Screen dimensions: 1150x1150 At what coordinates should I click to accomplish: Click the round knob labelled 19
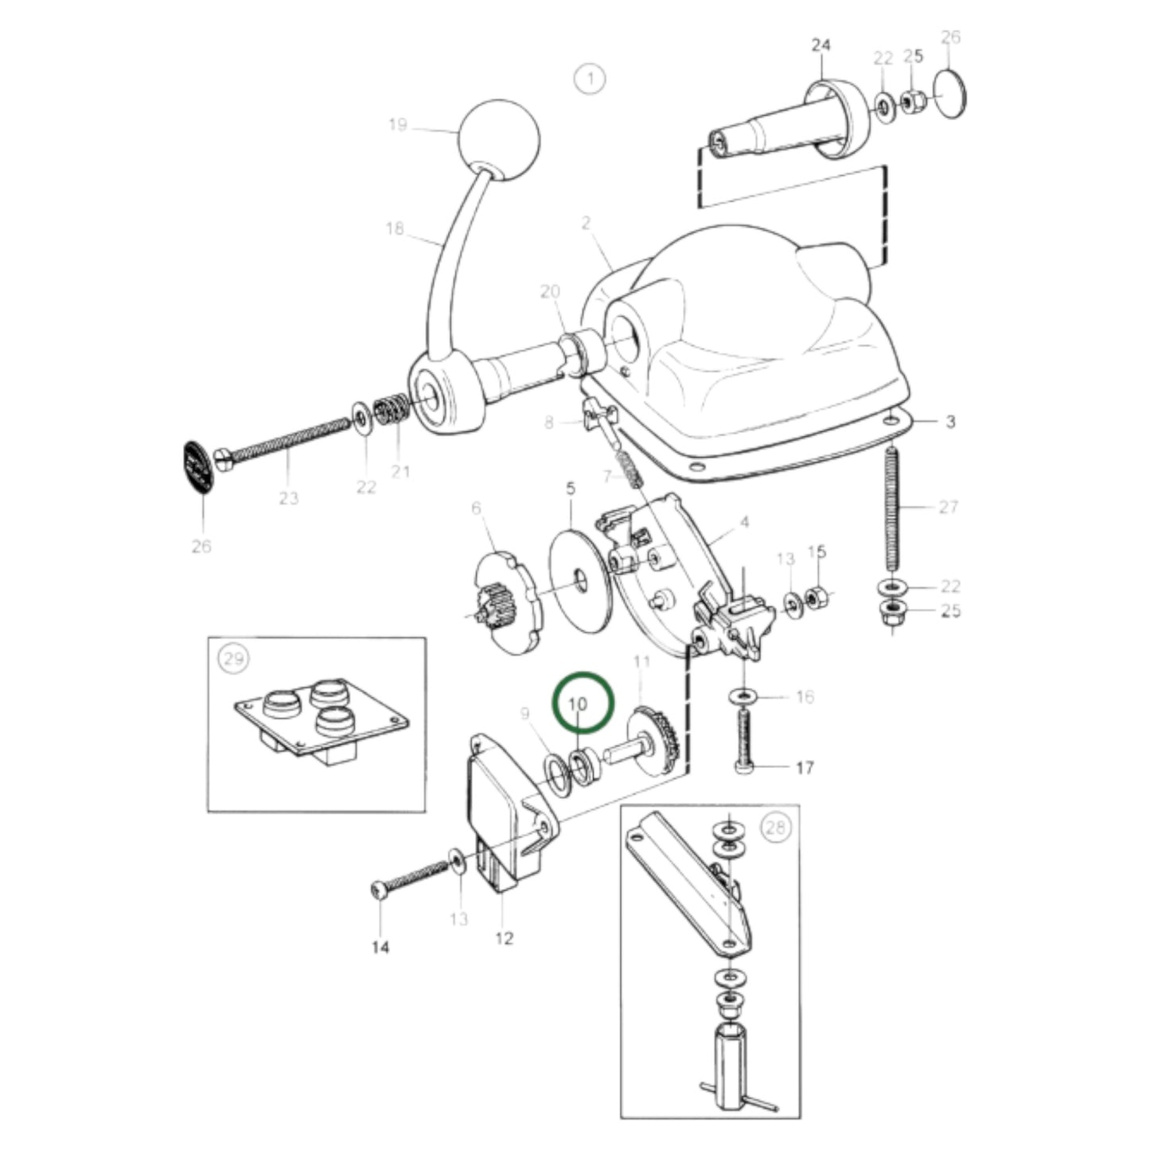click(x=498, y=139)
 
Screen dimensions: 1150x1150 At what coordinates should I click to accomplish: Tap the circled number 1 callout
click(x=590, y=80)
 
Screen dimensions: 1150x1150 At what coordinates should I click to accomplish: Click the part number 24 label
click(x=821, y=45)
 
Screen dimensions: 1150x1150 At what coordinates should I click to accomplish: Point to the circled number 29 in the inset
click(x=234, y=660)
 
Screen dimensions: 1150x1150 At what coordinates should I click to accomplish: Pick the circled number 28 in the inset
click(x=777, y=827)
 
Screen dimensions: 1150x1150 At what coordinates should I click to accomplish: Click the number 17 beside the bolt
click(x=805, y=767)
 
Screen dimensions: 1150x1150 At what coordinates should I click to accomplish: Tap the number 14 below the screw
click(x=380, y=947)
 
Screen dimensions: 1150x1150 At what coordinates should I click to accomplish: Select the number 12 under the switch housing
click(x=505, y=939)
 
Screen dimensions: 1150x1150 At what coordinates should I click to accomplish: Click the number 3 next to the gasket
click(x=950, y=422)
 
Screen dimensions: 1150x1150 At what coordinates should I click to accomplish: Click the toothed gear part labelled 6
click(x=509, y=602)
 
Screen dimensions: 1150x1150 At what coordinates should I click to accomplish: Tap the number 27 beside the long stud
click(x=948, y=507)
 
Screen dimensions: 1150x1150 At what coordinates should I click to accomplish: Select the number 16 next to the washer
click(x=805, y=696)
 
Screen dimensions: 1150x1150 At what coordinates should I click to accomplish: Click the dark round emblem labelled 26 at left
click(x=199, y=467)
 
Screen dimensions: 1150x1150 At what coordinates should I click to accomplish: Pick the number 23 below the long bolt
click(x=289, y=497)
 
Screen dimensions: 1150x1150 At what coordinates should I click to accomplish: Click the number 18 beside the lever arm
click(x=395, y=228)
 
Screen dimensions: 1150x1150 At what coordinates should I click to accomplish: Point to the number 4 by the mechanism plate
click(x=745, y=523)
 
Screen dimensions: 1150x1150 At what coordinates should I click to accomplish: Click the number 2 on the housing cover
click(x=586, y=223)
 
